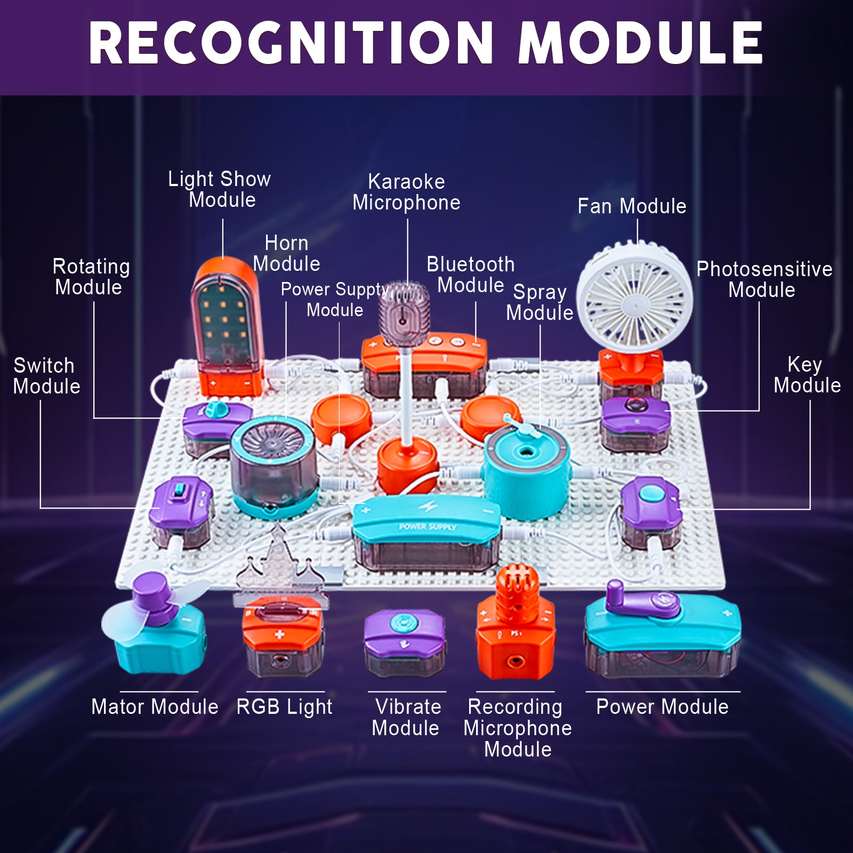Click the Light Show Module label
tap(220, 189)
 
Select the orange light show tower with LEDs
tap(227, 325)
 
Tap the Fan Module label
tap(632, 206)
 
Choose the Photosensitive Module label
tap(763, 279)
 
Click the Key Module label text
tap(807, 375)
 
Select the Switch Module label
tap(46, 376)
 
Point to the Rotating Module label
tap(91, 277)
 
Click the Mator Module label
tap(155, 707)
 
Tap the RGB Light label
tap(284, 707)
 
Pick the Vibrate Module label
tap(406, 717)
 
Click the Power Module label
tap(662, 707)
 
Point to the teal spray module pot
tap(527, 469)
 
